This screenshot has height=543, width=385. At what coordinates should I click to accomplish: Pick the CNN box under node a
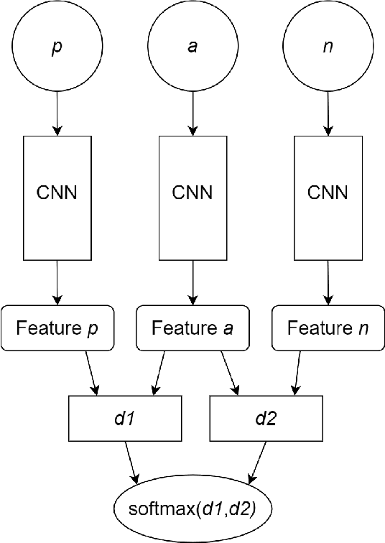(x=192, y=193)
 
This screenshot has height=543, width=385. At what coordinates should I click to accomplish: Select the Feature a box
(x=192, y=329)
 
